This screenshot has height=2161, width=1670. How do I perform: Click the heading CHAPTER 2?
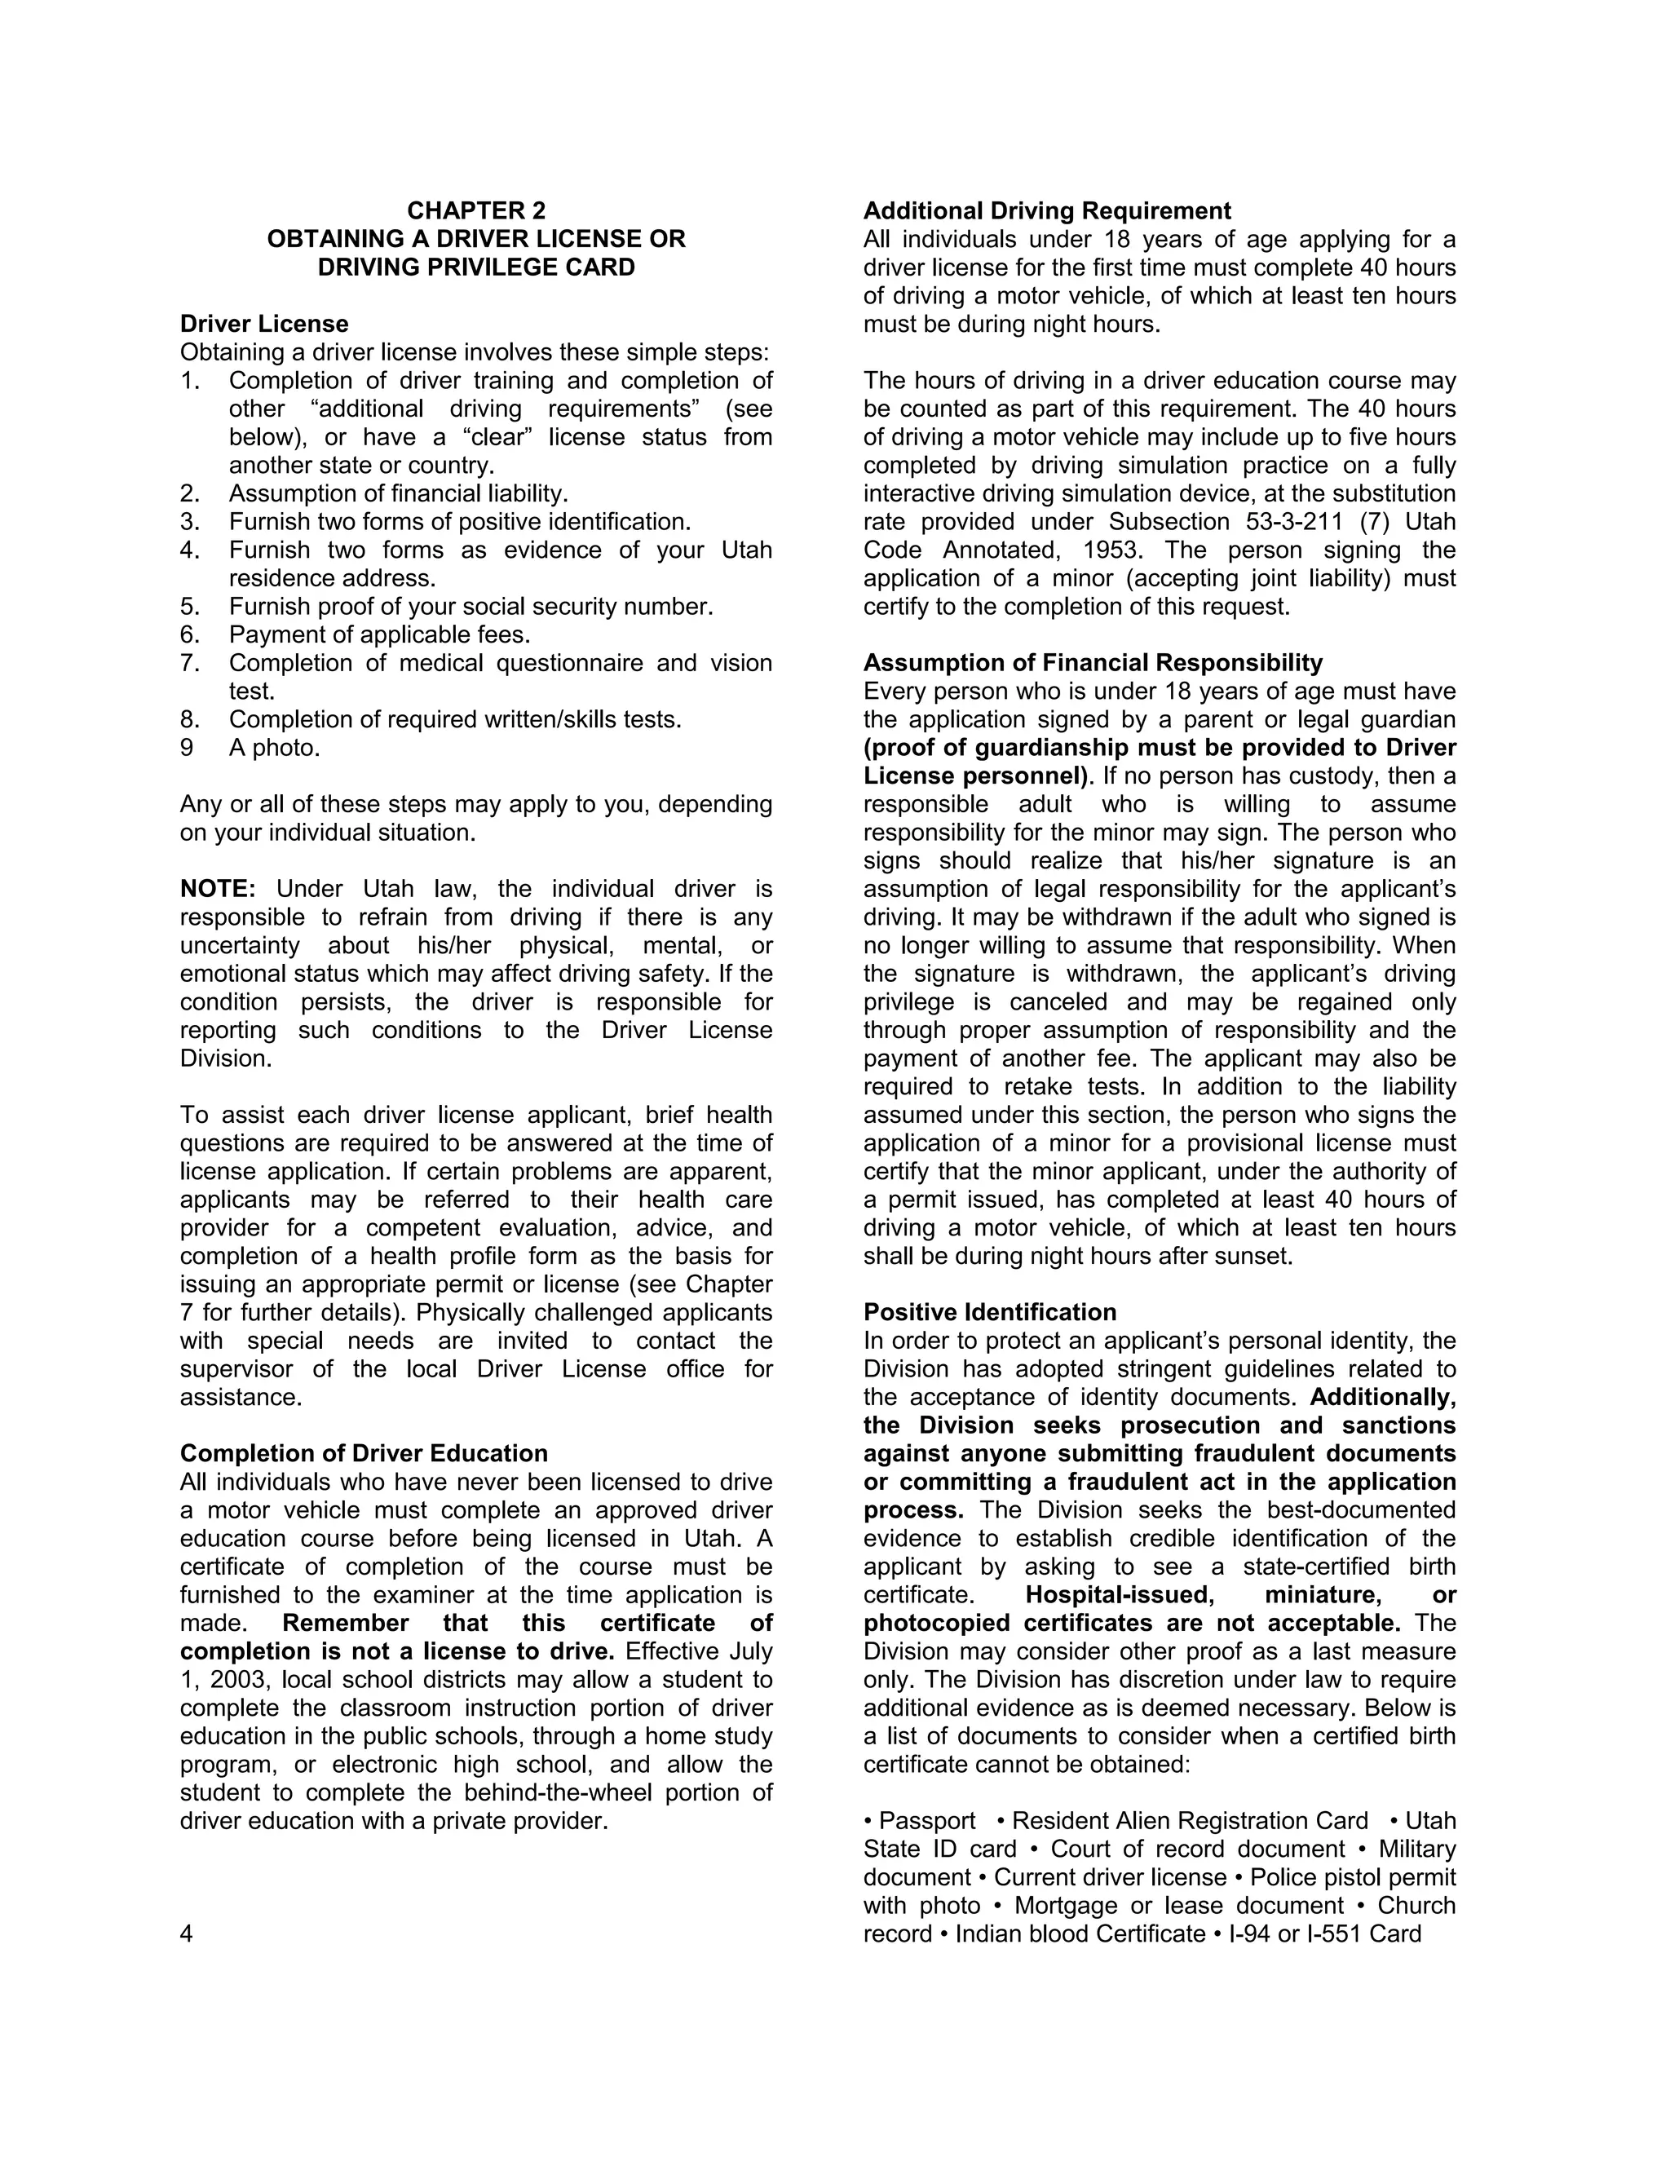(x=476, y=210)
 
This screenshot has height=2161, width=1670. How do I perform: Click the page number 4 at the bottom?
(x=186, y=1933)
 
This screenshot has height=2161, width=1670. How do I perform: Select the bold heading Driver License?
(x=264, y=324)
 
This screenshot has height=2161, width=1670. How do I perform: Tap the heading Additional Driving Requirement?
(x=1047, y=210)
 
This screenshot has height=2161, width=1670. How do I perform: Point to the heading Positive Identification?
(x=989, y=1312)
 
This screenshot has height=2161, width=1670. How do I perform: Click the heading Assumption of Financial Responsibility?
(x=1092, y=662)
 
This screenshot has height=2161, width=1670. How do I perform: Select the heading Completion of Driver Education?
(x=363, y=1452)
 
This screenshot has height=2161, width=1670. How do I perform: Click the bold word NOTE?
(x=218, y=889)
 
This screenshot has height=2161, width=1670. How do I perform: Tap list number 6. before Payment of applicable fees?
(x=190, y=634)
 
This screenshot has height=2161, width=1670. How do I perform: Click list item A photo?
(x=274, y=747)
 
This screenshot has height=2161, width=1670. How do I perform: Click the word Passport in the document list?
(x=927, y=1821)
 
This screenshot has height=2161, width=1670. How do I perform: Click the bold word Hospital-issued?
(x=1119, y=1594)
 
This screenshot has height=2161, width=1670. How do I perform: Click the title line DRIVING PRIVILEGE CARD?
(x=476, y=267)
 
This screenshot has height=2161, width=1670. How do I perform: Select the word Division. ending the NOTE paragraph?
(x=224, y=1058)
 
